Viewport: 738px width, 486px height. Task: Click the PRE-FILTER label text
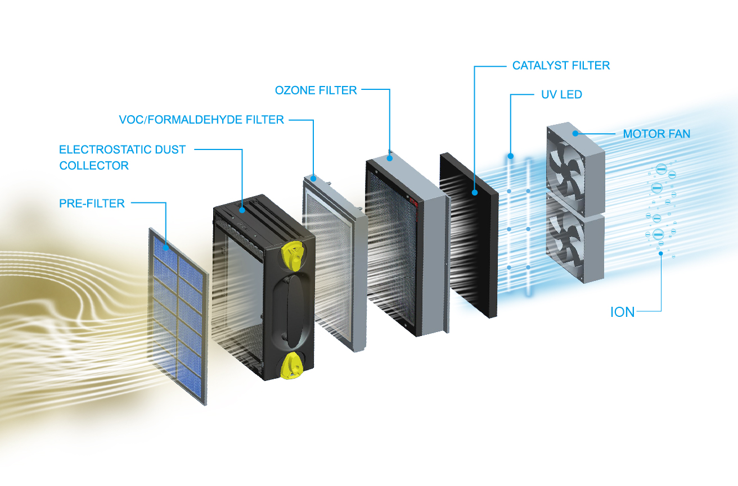[x=92, y=203]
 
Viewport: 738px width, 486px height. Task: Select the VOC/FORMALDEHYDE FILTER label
[x=201, y=120]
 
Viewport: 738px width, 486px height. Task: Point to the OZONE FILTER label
[x=316, y=90]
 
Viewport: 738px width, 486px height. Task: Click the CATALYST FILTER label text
[x=561, y=66]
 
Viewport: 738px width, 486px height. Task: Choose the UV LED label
[x=561, y=94]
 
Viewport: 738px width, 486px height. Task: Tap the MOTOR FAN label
[x=656, y=134]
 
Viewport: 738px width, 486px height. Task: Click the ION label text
[x=622, y=312]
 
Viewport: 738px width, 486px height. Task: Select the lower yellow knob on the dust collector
[x=291, y=366]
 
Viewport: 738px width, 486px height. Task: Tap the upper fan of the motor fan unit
[x=565, y=174]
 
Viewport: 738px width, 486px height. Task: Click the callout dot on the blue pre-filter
[x=166, y=248]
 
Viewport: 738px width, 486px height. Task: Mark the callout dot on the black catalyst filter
[x=474, y=193]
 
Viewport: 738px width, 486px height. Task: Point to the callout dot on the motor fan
[x=575, y=133]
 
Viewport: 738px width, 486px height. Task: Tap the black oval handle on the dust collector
[x=289, y=311]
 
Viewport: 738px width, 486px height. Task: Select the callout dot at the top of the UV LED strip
[x=510, y=156]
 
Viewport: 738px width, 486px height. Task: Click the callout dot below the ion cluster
[x=661, y=253]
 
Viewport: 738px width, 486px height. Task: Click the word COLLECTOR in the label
[x=94, y=166]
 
